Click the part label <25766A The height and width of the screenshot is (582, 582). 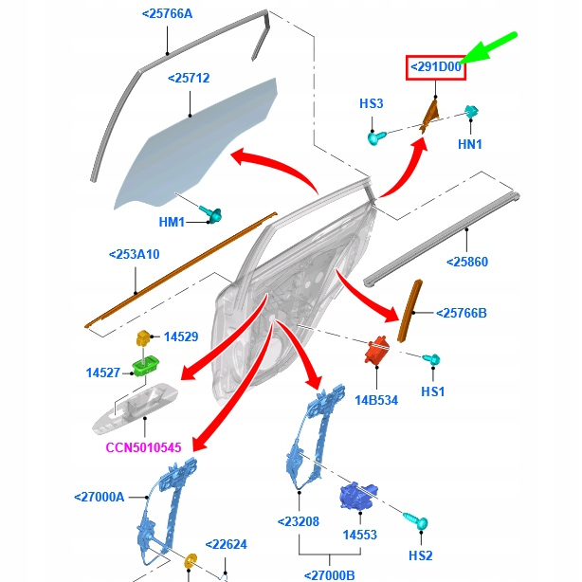[x=167, y=14]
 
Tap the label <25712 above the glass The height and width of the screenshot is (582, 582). [x=189, y=79]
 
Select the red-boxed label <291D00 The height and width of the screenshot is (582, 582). [x=436, y=67]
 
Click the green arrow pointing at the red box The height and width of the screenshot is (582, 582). [x=488, y=48]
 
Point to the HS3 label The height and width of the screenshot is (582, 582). [x=372, y=103]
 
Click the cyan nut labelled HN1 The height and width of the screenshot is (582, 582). [x=471, y=111]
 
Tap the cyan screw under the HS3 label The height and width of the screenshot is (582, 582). [x=376, y=138]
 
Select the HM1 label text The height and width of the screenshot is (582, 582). [x=172, y=222]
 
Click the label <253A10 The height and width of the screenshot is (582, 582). [x=134, y=254]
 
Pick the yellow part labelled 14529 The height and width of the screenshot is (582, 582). [x=143, y=337]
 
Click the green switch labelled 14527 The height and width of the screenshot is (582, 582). [x=146, y=366]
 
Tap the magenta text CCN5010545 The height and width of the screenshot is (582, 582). [x=143, y=447]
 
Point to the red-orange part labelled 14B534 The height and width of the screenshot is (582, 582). [x=377, y=350]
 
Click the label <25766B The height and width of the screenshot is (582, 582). [x=461, y=313]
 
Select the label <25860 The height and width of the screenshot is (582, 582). [x=467, y=262]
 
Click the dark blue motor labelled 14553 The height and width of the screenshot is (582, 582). [x=358, y=496]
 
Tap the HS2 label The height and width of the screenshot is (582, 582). [x=421, y=555]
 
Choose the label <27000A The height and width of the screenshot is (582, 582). [x=100, y=497]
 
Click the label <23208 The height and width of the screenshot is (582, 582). [x=299, y=521]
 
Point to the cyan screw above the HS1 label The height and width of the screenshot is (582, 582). [x=431, y=359]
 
